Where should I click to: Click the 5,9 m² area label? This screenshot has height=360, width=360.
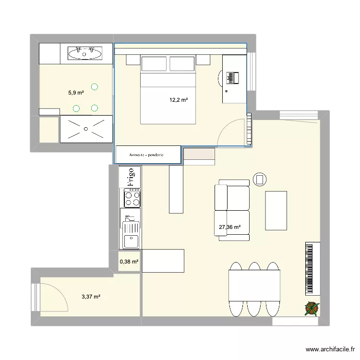[76, 93]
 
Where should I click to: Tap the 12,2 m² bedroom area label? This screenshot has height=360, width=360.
[178, 100]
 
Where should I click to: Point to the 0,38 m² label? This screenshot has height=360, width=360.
[129, 262]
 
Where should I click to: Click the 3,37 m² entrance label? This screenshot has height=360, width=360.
[91, 297]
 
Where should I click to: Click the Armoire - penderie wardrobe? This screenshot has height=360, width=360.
[147, 155]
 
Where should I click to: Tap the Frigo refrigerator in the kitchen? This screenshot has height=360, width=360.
[130, 177]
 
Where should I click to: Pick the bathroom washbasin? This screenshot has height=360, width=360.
[85, 53]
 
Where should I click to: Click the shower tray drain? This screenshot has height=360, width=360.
[85, 129]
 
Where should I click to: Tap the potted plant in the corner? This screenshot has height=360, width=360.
[312, 308]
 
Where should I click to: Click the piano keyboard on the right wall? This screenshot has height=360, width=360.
[312, 268]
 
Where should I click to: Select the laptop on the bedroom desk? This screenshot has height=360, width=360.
[232, 77]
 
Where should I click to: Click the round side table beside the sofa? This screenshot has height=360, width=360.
[259, 180]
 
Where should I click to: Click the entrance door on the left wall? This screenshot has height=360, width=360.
[35, 298]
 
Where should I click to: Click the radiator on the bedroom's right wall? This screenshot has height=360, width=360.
[249, 129]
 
